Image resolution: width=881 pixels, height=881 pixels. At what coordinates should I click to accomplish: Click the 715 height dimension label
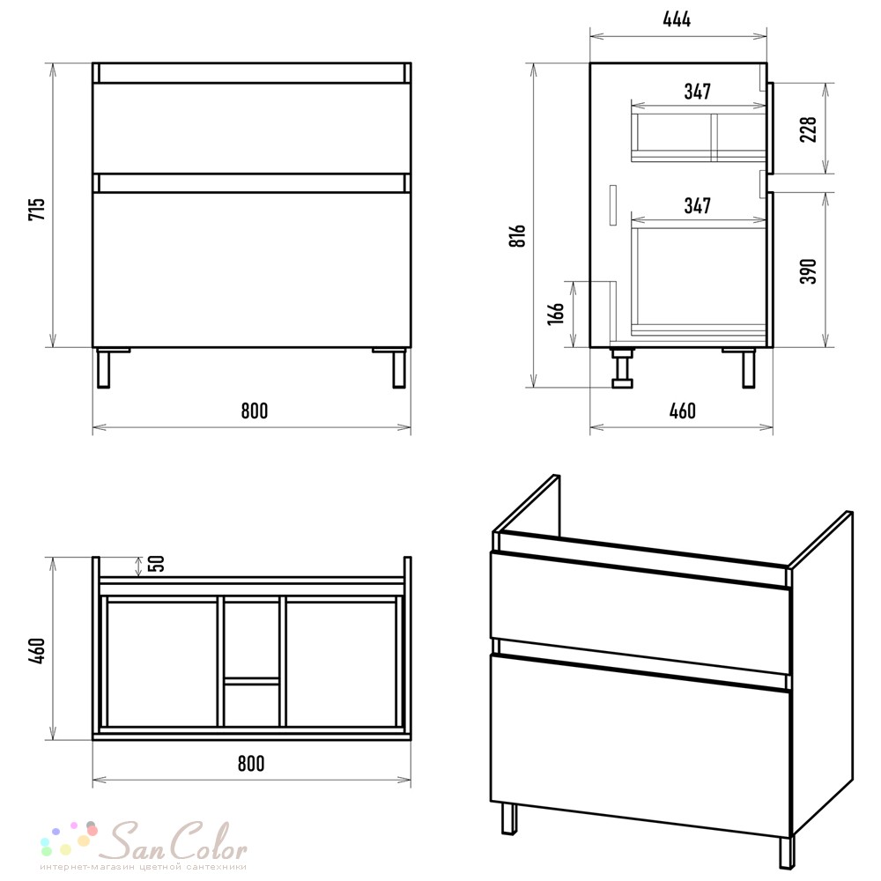point(36,209)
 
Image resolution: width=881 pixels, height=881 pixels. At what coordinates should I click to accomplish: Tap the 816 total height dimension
point(517,235)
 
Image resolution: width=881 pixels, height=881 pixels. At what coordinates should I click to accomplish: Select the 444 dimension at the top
point(677,19)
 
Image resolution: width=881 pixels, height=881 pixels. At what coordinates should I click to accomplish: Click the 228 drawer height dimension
point(808,130)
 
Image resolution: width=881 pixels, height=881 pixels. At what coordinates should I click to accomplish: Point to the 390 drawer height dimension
point(808,270)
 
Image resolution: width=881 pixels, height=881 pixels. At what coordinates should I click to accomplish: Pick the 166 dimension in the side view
point(556,313)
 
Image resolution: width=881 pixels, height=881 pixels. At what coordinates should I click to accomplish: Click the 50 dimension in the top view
point(159,563)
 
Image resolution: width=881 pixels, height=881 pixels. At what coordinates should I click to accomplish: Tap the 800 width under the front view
point(255,411)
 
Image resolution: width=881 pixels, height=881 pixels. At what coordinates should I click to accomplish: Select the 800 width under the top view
point(250,764)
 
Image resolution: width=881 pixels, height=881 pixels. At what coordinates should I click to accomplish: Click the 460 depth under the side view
point(682,411)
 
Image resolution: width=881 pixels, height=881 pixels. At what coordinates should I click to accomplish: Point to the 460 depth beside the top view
point(36,650)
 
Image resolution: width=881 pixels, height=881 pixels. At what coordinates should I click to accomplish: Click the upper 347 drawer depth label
point(697,91)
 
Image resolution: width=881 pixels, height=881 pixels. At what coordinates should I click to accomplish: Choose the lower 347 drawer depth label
point(697,205)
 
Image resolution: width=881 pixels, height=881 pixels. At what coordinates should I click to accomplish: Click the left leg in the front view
point(103,368)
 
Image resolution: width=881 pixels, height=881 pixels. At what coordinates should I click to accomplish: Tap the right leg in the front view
point(399,368)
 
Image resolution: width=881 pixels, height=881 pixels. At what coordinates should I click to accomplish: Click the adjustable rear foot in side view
point(623,367)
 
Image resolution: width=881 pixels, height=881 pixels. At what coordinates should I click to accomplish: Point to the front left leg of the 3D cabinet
point(509,819)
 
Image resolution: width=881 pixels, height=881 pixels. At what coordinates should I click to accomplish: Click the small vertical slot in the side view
point(612,205)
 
